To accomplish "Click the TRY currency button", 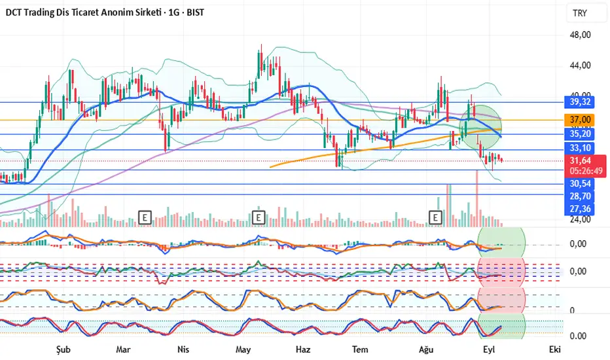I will (580, 13).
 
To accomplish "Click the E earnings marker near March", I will (145, 216).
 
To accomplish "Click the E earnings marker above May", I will (259, 216).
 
